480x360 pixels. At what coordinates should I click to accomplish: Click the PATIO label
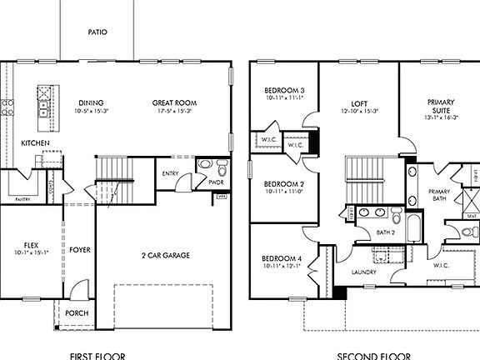97,32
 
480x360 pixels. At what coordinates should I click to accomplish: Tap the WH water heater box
221,197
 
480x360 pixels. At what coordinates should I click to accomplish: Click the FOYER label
80,249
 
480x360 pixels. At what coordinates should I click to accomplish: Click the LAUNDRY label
365,272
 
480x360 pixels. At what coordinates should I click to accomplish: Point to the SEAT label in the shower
472,216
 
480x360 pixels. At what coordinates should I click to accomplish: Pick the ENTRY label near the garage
171,173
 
